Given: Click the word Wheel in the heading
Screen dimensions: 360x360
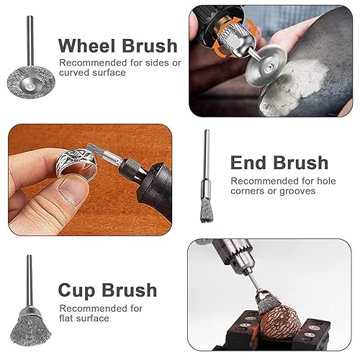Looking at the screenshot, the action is coord(87,45).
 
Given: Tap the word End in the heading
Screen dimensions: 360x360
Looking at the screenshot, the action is coord(249,163).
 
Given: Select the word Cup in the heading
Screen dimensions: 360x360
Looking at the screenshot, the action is coord(77,291).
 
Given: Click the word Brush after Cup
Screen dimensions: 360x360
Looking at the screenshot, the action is coord(130,290).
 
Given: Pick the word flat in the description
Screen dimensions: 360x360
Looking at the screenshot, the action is coord(66,318).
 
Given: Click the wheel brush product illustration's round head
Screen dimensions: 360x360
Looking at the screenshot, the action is coord(31,83).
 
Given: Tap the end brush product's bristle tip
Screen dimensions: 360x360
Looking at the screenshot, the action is coord(207,212).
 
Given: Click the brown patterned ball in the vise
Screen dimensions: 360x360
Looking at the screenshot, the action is coord(280,322).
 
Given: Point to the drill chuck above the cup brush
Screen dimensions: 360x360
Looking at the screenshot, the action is coord(236,255).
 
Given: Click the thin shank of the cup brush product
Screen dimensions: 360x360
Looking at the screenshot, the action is coord(30,282).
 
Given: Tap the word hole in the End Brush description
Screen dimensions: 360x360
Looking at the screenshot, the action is coord(326,181).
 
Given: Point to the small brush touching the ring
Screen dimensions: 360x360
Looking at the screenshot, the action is coord(92,150).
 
